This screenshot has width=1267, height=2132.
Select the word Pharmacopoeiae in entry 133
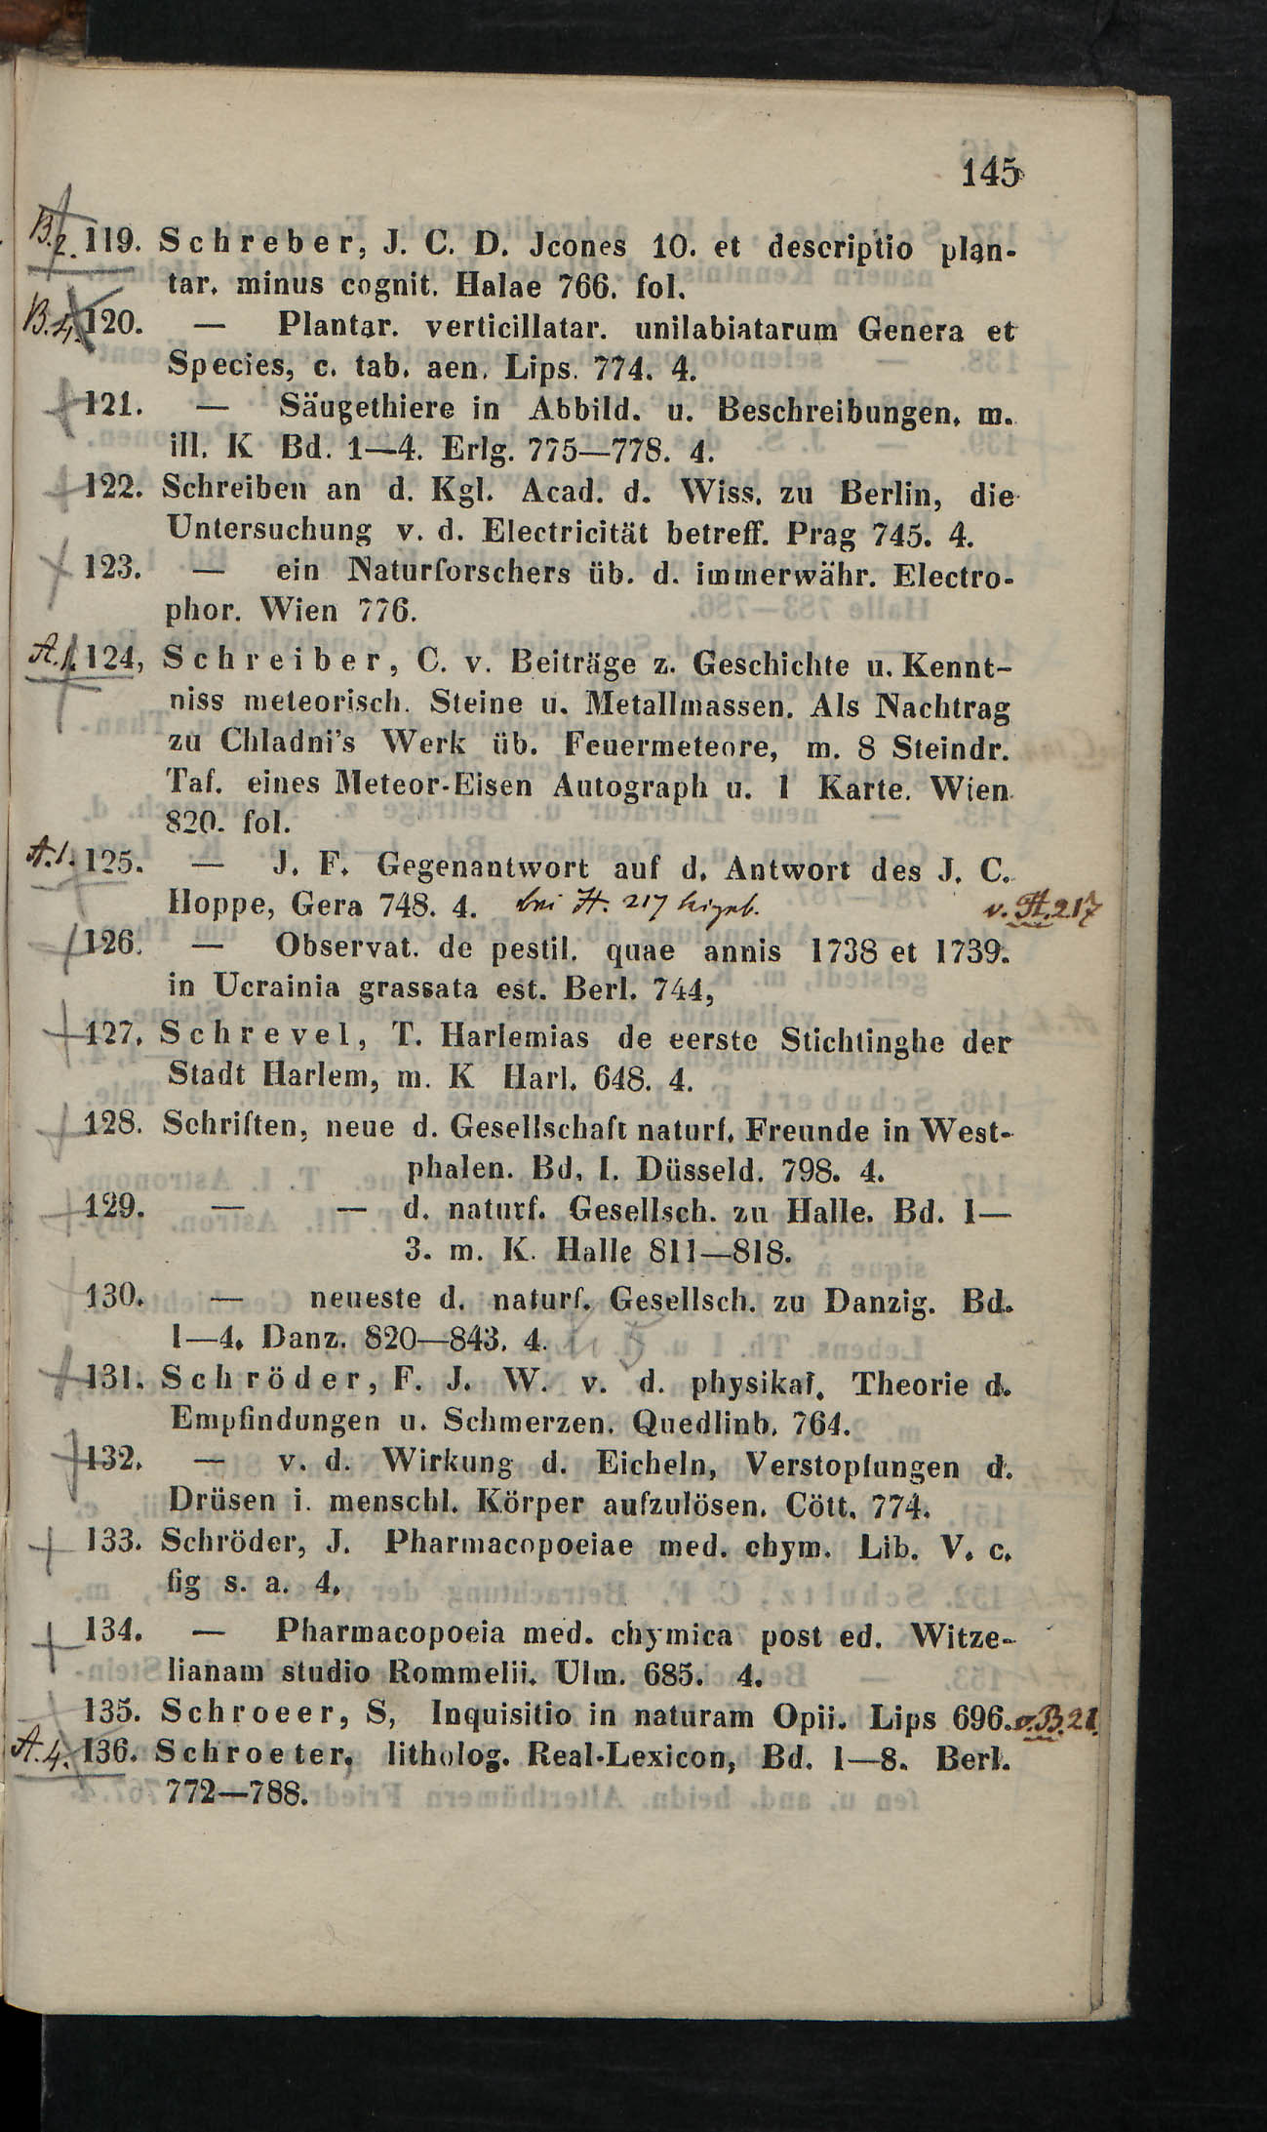point(510,1546)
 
